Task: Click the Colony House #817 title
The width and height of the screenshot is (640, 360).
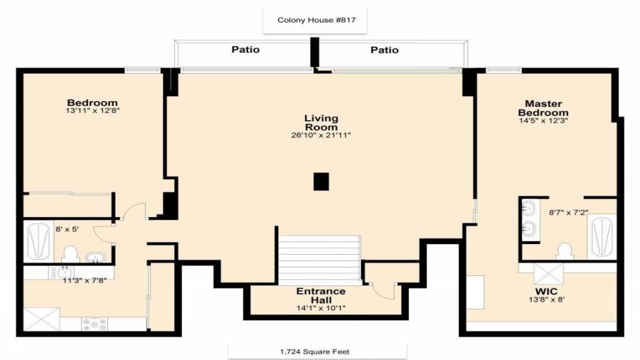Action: (x=316, y=20)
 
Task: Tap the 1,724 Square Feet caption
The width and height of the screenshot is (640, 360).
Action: (x=315, y=351)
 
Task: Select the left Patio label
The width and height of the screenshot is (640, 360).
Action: (x=245, y=49)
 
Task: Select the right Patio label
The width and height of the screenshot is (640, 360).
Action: (x=385, y=50)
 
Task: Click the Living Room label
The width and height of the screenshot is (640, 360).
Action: (x=321, y=122)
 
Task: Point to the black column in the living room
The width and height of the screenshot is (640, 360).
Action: (x=321, y=181)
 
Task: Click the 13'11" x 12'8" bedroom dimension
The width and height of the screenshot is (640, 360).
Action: (x=92, y=110)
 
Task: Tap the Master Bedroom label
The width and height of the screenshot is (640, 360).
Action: (x=543, y=108)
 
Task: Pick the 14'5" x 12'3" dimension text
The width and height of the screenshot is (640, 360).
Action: (x=543, y=120)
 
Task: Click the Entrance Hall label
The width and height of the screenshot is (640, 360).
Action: (x=321, y=295)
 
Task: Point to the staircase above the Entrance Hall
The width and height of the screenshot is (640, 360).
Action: (x=319, y=260)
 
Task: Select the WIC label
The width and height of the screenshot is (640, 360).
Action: (x=546, y=292)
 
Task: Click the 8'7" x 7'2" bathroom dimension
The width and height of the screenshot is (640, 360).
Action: (x=569, y=213)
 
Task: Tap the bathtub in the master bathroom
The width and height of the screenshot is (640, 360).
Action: (x=602, y=237)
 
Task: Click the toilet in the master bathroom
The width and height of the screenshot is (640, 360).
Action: (x=565, y=251)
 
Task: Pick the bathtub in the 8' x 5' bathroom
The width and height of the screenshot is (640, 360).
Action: (x=39, y=241)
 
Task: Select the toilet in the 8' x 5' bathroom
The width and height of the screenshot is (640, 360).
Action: (x=70, y=254)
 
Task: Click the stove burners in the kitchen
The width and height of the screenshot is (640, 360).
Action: (x=95, y=324)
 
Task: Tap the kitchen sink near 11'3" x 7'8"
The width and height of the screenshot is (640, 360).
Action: (x=61, y=272)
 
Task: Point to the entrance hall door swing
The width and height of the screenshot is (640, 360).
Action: (x=384, y=290)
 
